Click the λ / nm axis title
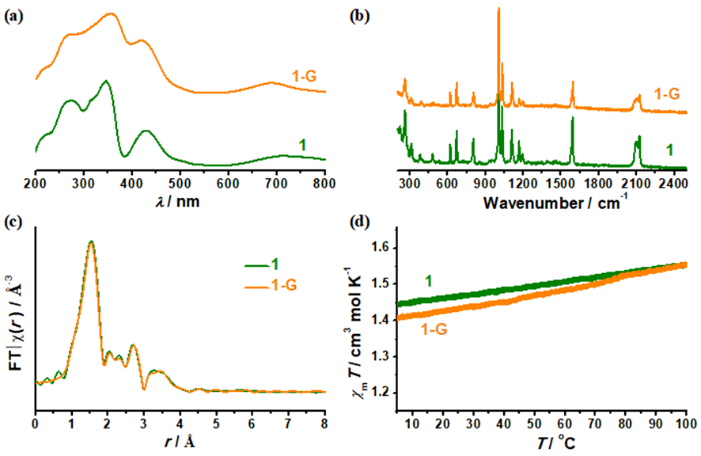click(x=180, y=201)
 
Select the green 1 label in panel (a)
click(x=302, y=143)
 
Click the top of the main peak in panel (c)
click(x=91, y=241)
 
